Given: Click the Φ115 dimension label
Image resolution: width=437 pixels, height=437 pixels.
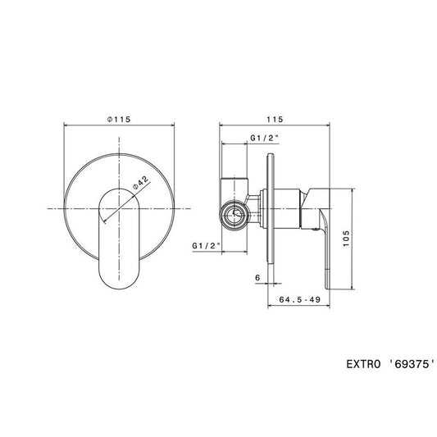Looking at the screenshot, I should coord(120,119).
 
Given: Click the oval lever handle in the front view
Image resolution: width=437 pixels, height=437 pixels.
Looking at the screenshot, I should coord(120,238).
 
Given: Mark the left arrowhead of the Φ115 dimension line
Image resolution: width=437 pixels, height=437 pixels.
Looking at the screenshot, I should coord(66,127).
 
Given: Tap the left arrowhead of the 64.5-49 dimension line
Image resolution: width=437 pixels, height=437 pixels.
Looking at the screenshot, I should coord(271,309).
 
